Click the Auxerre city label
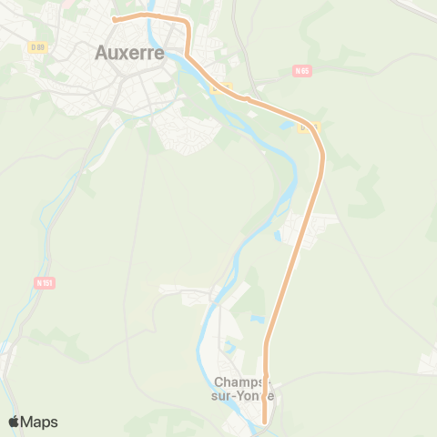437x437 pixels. click(129, 53)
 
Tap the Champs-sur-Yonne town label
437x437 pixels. click(244, 389)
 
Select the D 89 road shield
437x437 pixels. click(37, 47)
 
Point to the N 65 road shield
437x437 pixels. click(303, 71)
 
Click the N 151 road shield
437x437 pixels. click(46, 283)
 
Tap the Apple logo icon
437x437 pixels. click(15, 422)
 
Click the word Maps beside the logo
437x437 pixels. click(40, 422)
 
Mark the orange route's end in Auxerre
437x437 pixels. click(113, 18)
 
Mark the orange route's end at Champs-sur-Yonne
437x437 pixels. click(265, 422)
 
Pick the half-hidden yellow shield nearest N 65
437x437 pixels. click(309, 127)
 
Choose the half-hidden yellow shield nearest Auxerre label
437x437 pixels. click(222, 87)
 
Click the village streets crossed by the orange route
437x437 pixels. click(305, 228)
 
